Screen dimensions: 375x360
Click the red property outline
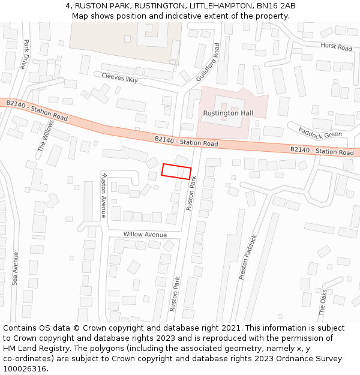176,171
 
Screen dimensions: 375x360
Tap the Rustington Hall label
228,113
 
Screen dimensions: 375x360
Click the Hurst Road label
336,47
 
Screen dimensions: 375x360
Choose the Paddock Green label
321,131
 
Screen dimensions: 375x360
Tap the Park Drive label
25,55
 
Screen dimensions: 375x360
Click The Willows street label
46,136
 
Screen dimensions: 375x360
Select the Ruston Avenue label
104,194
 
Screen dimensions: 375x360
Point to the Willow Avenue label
145,235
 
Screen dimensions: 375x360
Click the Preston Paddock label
248,257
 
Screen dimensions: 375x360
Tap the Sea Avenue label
16,268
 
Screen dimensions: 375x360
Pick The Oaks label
323,302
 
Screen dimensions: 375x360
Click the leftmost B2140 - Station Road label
37,110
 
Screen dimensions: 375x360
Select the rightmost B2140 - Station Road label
322,151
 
